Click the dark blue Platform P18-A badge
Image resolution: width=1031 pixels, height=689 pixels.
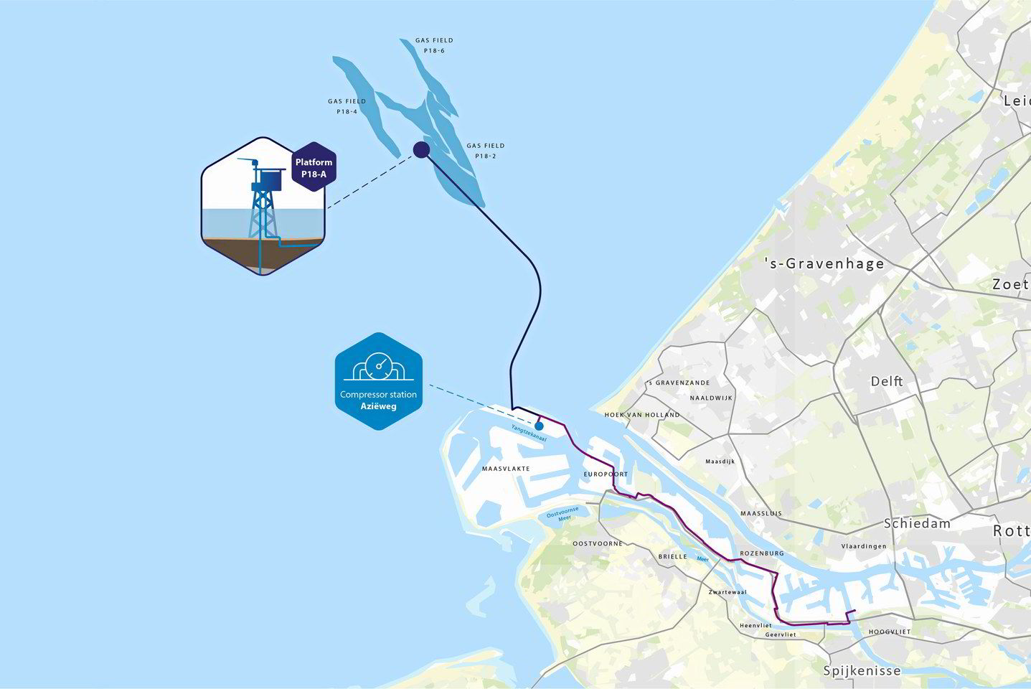coord(314,167)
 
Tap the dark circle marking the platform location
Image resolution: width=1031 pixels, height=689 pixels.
coord(421,149)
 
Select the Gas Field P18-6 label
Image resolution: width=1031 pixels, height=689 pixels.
coord(434,45)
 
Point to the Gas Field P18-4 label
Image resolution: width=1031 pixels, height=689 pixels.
coord(347,106)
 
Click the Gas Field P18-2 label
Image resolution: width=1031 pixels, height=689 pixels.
coord(485,151)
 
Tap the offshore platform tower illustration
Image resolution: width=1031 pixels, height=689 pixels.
coord(263,200)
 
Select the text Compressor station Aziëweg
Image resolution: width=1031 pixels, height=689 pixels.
coord(378,400)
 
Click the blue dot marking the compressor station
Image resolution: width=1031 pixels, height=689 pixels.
coord(539,426)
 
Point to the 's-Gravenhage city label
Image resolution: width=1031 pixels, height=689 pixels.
coord(824,263)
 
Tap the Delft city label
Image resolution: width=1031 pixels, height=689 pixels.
coord(887,381)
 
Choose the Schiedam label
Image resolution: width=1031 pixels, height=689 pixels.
coord(917,523)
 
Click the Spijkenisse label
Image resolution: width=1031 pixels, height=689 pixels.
coord(862,671)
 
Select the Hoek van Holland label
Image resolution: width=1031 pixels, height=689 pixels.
coord(642,415)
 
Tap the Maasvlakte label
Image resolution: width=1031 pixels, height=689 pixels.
coord(506,469)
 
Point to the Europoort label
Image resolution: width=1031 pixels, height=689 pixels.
coord(606,474)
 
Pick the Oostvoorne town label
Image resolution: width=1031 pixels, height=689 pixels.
coord(598,543)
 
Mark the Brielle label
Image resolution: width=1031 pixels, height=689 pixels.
coord(673,556)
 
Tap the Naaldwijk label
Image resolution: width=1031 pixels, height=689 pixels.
coord(711,398)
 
